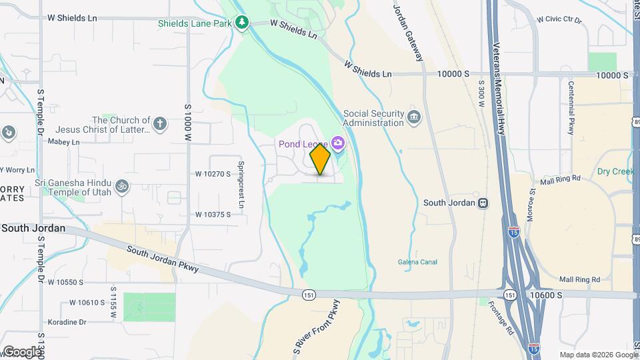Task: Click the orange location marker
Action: click(321, 159)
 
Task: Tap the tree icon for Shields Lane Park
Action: click(242, 23)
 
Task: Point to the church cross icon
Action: click(159, 123)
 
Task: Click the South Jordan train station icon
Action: click(483, 203)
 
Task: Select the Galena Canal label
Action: click(417, 262)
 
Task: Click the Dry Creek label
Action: click(615, 171)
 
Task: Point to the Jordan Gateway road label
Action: click(408, 33)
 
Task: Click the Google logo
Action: click(21, 351)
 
